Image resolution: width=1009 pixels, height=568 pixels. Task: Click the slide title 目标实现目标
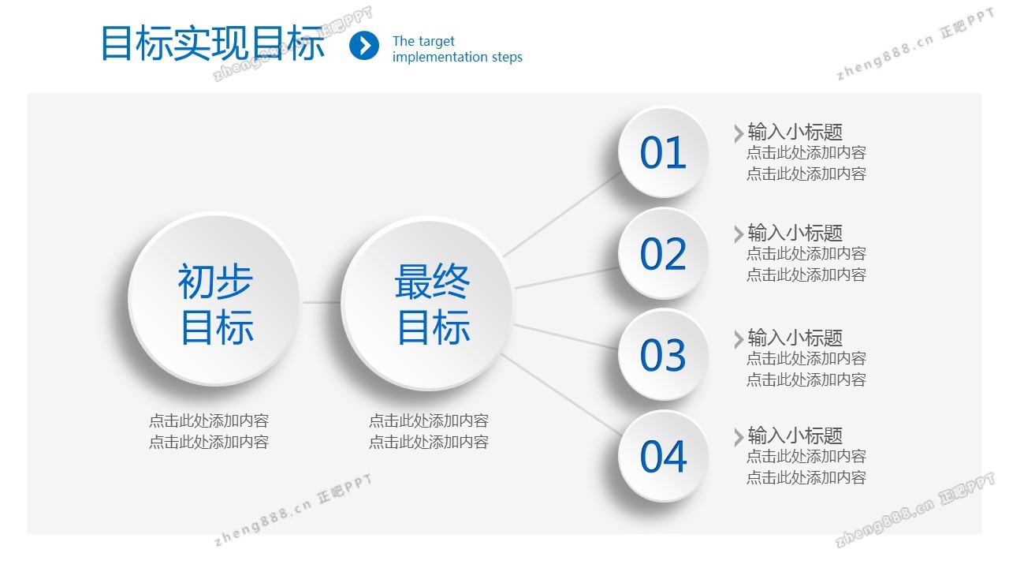(213, 43)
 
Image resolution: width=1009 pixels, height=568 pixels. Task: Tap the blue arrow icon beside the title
(364, 46)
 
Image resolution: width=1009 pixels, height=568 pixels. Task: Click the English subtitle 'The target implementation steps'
(457, 49)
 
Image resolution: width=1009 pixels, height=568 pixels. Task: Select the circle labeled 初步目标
(214, 299)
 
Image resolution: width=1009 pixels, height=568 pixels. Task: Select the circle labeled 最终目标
(427, 304)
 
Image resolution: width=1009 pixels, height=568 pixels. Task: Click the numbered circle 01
(663, 152)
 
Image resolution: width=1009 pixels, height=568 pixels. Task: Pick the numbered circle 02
(663, 253)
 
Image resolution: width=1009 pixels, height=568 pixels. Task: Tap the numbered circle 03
(663, 355)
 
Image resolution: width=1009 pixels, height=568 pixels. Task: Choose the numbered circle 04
(663, 456)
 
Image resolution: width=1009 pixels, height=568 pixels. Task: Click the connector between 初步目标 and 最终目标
(321, 302)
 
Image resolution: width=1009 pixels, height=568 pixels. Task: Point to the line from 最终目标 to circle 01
(563, 214)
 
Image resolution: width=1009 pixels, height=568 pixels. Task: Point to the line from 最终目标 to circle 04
(562, 395)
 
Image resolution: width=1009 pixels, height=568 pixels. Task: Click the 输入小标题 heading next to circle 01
(795, 132)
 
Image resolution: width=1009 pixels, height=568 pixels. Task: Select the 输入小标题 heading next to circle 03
(795, 338)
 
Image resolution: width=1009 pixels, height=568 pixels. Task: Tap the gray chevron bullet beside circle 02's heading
(739, 234)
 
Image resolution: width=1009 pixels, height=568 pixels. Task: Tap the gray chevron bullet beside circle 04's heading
(739, 437)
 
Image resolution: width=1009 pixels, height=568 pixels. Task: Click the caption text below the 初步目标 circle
(209, 431)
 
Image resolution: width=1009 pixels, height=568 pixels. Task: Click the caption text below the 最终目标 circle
(429, 431)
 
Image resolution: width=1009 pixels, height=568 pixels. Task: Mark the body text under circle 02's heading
(806, 263)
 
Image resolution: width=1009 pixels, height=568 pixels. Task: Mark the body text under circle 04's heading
(806, 466)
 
